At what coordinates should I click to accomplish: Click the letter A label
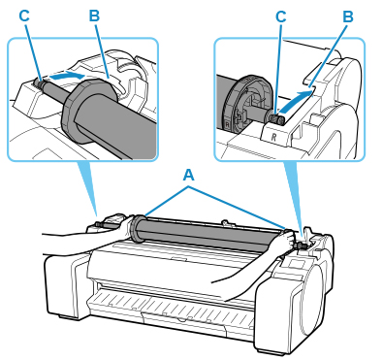(x=189, y=176)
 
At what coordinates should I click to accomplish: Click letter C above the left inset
(x=24, y=16)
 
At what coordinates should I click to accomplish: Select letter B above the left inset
(x=94, y=16)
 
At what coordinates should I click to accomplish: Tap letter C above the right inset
(x=281, y=16)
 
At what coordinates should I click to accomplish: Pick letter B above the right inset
(x=348, y=16)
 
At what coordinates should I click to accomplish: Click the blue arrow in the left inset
(x=67, y=77)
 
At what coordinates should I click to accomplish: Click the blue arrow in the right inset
(x=295, y=102)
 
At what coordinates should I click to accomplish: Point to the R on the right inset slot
(x=274, y=136)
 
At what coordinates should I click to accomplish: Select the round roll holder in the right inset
(x=246, y=104)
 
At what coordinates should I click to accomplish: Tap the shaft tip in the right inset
(x=278, y=119)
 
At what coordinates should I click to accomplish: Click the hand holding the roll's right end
(x=283, y=242)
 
